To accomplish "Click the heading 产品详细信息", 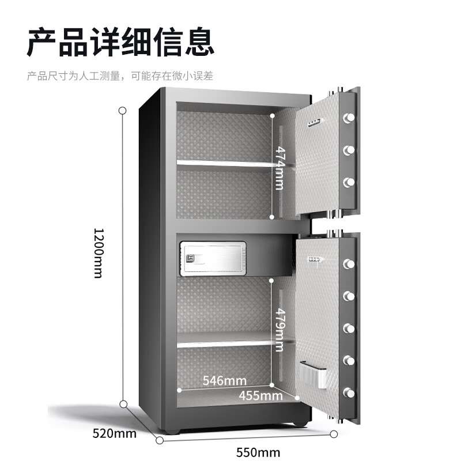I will click(120, 41).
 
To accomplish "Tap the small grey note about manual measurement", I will click(120, 75).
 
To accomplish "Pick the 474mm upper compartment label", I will click(279, 167).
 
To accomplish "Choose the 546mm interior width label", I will click(224, 380).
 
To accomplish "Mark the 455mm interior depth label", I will click(260, 395).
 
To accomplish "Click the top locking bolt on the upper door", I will click(348, 118).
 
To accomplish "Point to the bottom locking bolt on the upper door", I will click(348, 183).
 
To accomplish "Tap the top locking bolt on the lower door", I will click(348, 264).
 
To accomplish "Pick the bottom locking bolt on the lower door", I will click(348, 393).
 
